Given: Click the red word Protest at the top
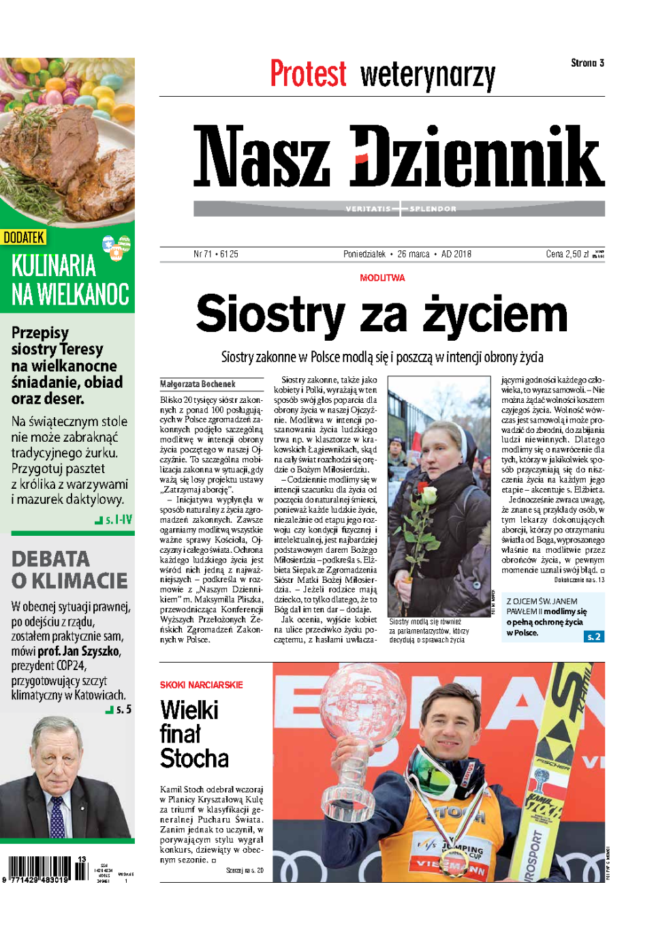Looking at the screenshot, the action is point(308,74).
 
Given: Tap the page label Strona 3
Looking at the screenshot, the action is point(587,63).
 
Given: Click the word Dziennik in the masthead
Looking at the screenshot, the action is point(477,157).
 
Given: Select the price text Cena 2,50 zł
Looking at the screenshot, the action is point(567,254).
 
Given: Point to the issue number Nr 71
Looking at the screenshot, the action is point(202,254).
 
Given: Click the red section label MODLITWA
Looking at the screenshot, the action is point(382,278).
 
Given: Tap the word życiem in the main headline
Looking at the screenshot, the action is point(495,315).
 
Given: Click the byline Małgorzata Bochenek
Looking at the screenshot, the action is point(198,384).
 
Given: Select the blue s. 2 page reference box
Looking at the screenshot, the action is point(593,636).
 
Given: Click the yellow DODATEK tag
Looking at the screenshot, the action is point(24,237).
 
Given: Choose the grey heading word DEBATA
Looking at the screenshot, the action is point(50,559).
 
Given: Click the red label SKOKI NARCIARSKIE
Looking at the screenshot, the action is point(201,685).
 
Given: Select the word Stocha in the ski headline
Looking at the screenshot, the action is point(194,759).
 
